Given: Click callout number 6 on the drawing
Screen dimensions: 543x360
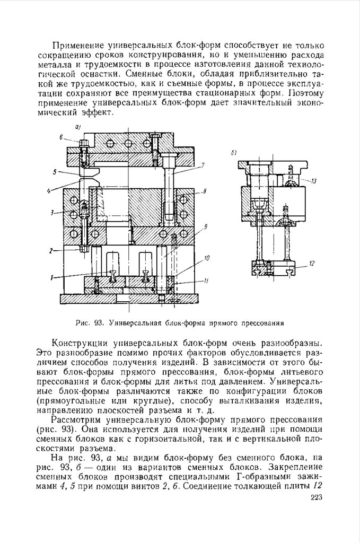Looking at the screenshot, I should [62, 137].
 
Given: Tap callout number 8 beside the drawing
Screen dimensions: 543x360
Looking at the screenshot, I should [204, 191].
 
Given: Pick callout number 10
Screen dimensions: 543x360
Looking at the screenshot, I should [206, 258].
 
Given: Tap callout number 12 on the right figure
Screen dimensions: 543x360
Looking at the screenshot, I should [313, 263].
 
